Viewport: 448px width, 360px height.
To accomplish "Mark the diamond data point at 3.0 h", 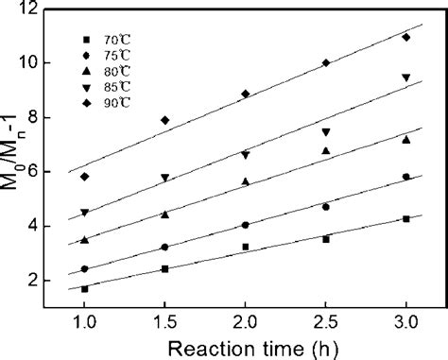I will point(405,38).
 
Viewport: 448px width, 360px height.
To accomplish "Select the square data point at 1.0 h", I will point(84,289).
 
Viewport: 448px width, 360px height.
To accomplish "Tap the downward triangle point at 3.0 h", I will point(405,77).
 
